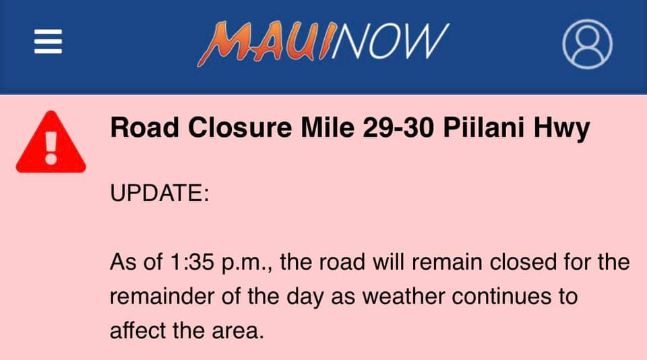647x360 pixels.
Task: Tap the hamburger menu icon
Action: [49, 41]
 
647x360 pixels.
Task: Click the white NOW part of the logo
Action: [390, 41]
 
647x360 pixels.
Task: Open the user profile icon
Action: [587, 44]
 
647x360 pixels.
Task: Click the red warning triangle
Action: [51, 142]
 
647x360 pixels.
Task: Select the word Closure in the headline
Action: [240, 127]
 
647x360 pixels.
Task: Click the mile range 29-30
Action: [398, 127]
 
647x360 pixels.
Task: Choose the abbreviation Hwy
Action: [561, 129]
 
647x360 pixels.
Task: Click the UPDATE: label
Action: [160, 193]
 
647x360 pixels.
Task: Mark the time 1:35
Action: [192, 262]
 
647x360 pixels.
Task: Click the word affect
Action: [137, 330]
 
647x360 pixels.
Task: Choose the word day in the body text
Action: [305, 298]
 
